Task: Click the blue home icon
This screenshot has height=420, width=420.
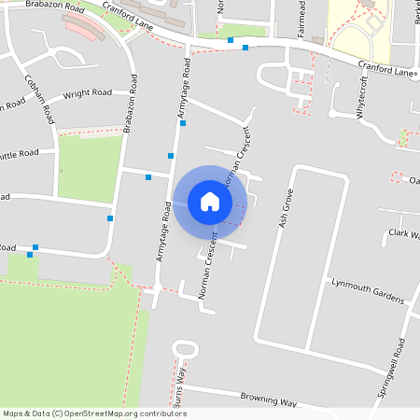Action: pyautogui.click(x=210, y=202)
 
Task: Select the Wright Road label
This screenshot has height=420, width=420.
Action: pyautogui.click(x=88, y=94)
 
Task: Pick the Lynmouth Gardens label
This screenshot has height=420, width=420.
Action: pyautogui.click(x=368, y=290)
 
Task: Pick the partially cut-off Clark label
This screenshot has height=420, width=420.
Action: pyautogui.click(x=404, y=234)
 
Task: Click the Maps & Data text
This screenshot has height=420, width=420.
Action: pyautogui.click(x=26, y=413)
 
